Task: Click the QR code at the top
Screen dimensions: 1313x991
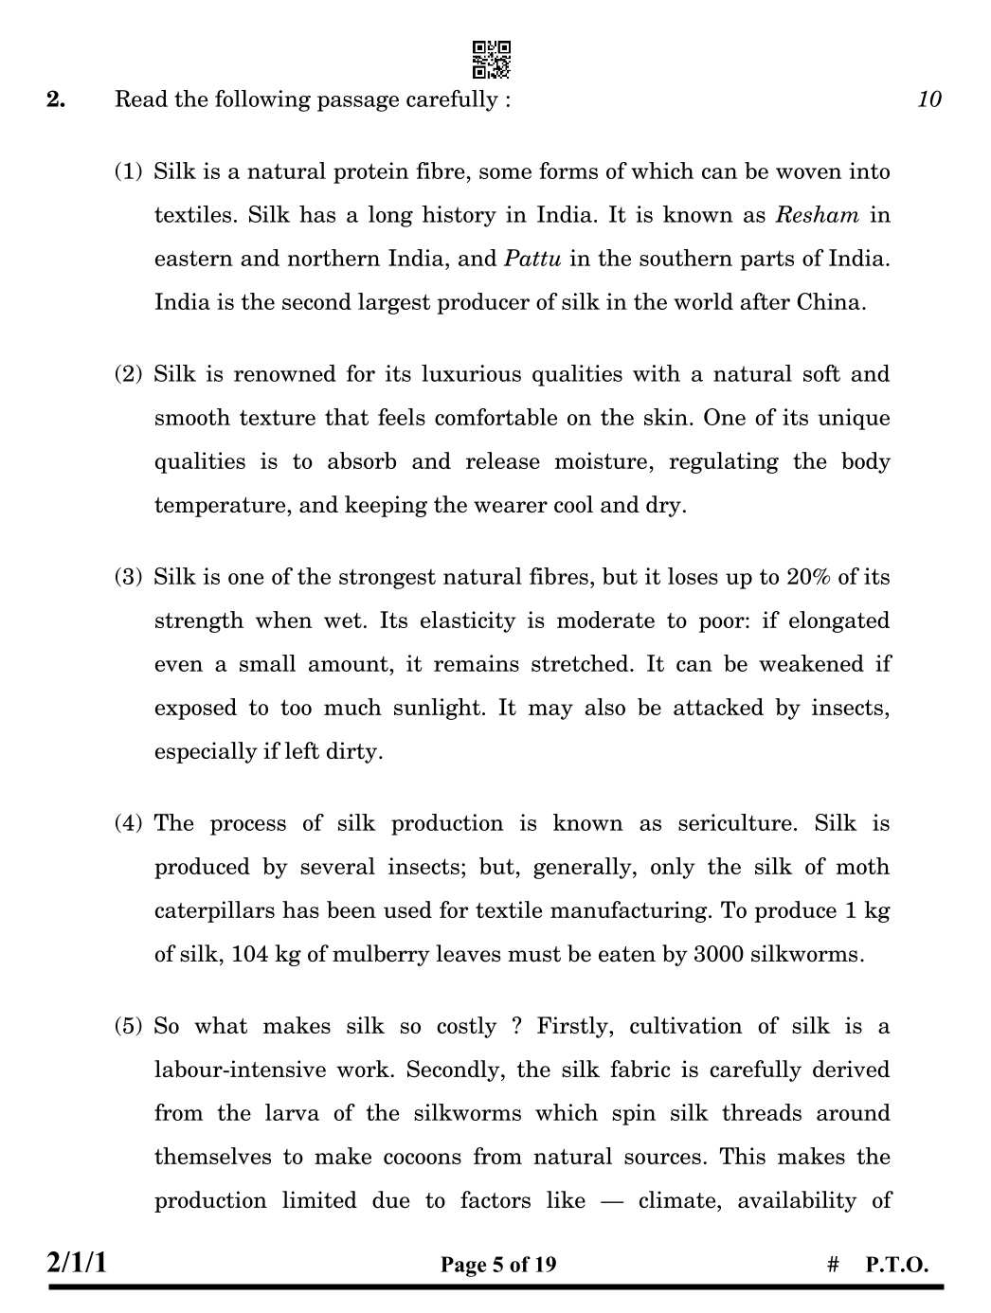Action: (491, 60)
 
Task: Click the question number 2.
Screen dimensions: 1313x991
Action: (56, 99)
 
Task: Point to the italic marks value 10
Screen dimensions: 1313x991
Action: (928, 99)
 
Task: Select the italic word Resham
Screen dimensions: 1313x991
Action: (817, 215)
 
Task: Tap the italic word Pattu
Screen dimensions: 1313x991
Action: (532, 259)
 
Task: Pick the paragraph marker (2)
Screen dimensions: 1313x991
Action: (128, 374)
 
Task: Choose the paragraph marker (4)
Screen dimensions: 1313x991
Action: (128, 823)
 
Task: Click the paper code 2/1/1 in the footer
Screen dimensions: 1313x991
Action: (77, 1263)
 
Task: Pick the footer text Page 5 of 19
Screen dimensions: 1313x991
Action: (498, 1265)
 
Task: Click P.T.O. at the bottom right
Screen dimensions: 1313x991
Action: (896, 1265)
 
